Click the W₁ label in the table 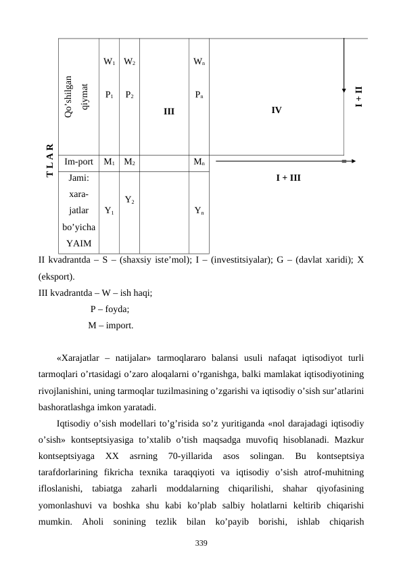click(x=109, y=62)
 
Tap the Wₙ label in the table click(x=199, y=62)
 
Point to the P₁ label click(x=109, y=95)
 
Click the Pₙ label click(x=199, y=95)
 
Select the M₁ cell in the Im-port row click(x=109, y=162)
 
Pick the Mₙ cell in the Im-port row click(x=199, y=162)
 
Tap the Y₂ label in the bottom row click(x=130, y=200)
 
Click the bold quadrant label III click(x=168, y=110)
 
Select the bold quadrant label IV click(x=277, y=110)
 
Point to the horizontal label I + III click(x=289, y=178)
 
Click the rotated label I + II click(x=359, y=96)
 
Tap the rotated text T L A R click(x=49, y=162)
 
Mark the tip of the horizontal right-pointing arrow click(x=355, y=162)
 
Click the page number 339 click(x=201, y=544)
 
